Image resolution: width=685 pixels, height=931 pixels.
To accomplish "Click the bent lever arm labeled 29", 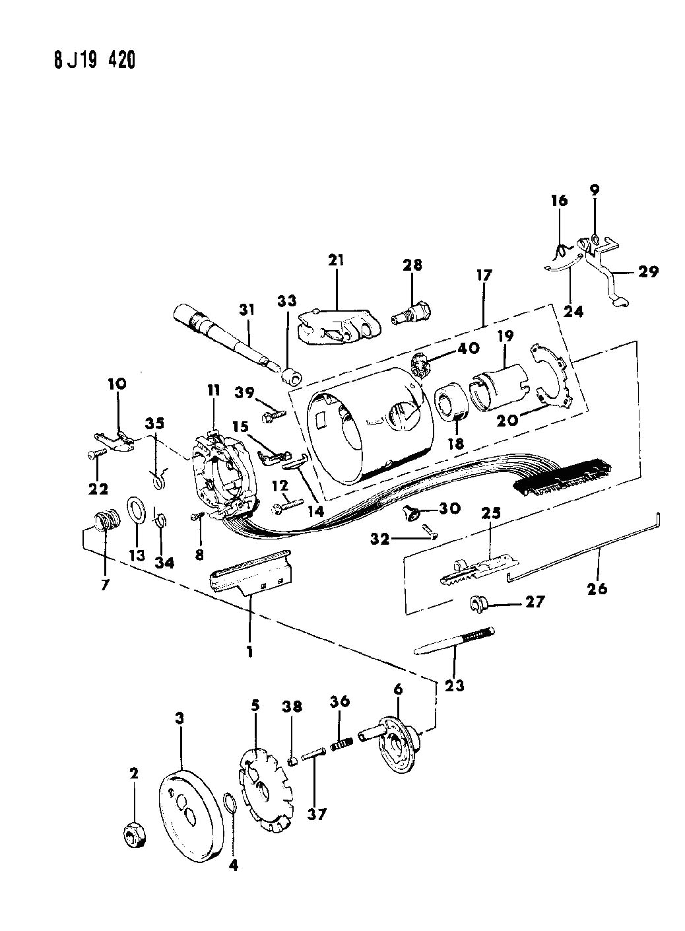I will tap(610, 284).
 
